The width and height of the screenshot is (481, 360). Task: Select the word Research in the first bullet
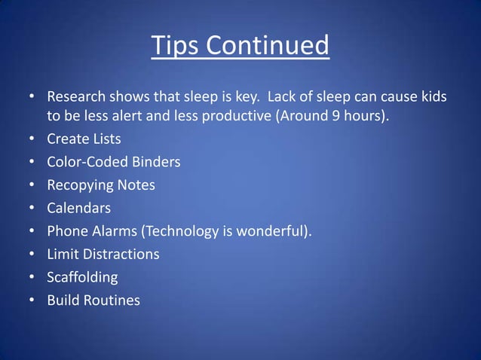pos(78,97)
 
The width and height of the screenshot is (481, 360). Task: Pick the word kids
pos(432,97)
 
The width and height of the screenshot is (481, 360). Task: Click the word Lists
pos(105,139)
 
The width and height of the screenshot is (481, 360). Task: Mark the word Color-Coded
pos(87,162)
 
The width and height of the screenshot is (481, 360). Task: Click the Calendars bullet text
pos(79,208)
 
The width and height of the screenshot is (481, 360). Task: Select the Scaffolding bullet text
pos(82,277)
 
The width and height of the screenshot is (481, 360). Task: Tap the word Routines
pos(113,300)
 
